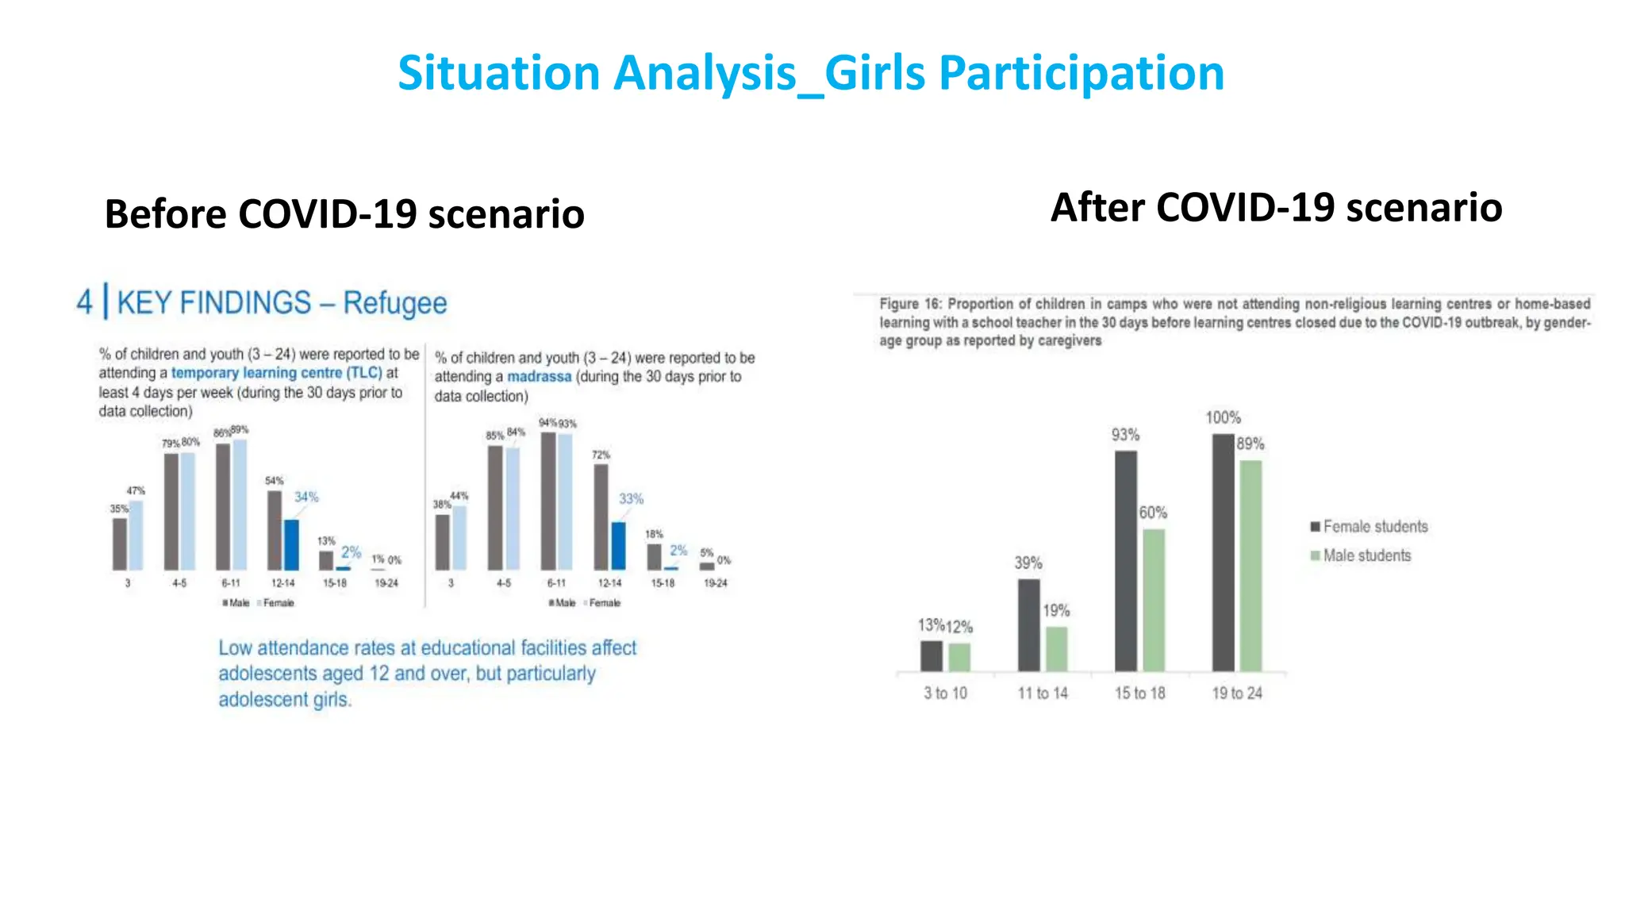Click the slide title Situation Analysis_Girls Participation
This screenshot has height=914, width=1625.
(811, 73)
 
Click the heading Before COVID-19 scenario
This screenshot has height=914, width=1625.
(344, 214)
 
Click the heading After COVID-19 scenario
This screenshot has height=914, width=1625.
(1276, 208)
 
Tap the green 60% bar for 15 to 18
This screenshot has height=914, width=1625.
(1154, 601)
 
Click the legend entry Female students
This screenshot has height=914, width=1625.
(1374, 527)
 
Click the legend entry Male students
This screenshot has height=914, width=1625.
(1366, 556)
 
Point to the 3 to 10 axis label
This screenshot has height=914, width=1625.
(945, 693)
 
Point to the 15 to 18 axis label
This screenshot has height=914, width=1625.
(1139, 693)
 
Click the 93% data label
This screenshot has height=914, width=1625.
(1125, 435)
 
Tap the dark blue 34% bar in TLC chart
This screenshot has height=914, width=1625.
(291, 545)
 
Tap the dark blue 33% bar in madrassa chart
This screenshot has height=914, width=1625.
(619, 546)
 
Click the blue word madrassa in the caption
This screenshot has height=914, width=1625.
(539, 377)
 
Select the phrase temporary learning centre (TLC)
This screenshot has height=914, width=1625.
(276, 373)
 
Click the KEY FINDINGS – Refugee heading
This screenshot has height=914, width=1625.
(282, 303)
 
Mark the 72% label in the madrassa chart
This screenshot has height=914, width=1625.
(601, 455)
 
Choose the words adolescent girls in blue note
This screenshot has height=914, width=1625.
(284, 700)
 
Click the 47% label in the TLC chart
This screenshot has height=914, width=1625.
(136, 491)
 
